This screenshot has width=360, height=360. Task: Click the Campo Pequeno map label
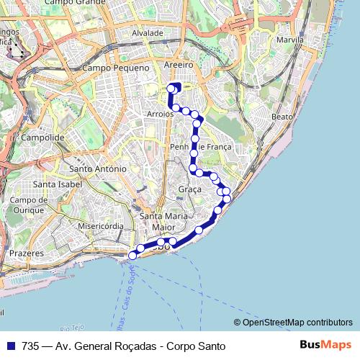[x=115, y=68]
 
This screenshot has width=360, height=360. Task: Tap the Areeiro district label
[x=180, y=64]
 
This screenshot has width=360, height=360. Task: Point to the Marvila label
[x=289, y=40]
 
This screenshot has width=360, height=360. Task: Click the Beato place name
[x=282, y=116]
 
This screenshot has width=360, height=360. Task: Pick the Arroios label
[x=159, y=114]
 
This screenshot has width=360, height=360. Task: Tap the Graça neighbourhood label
[x=189, y=189]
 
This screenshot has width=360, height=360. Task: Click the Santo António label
[x=97, y=168]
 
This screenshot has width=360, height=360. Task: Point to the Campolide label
[x=44, y=137]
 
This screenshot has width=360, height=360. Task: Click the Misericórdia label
[x=102, y=225]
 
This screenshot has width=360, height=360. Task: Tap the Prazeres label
[x=26, y=253]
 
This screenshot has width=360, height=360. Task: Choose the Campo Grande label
[x=74, y=3]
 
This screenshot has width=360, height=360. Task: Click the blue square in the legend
[x=10, y=346]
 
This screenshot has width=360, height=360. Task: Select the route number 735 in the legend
[x=30, y=346]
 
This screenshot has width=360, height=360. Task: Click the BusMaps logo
[x=325, y=345]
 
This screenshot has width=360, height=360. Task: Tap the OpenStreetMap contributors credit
[x=297, y=323]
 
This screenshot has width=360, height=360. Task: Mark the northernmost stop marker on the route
[x=171, y=88]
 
